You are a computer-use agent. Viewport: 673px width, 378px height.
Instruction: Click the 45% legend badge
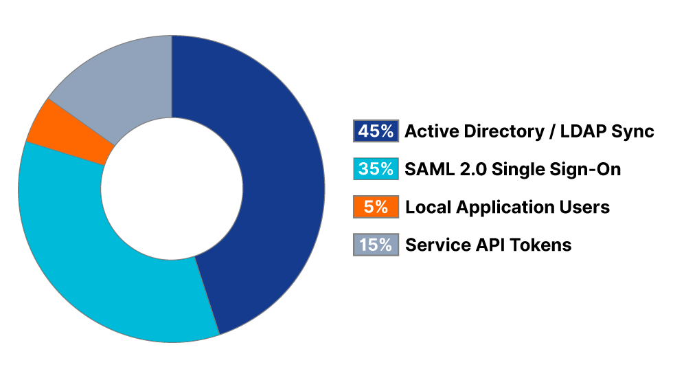click(x=376, y=131)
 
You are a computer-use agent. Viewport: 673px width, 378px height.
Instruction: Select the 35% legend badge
click(x=376, y=169)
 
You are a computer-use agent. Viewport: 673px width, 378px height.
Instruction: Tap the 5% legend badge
click(x=376, y=207)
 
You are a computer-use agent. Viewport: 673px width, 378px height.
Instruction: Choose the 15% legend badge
click(x=376, y=245)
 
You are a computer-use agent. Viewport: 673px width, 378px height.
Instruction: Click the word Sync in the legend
click(x=634, y=131)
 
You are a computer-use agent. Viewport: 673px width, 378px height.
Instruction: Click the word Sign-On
click(x=586, y=169)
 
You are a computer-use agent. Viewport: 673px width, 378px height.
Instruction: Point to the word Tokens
click(x=540, y=245)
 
